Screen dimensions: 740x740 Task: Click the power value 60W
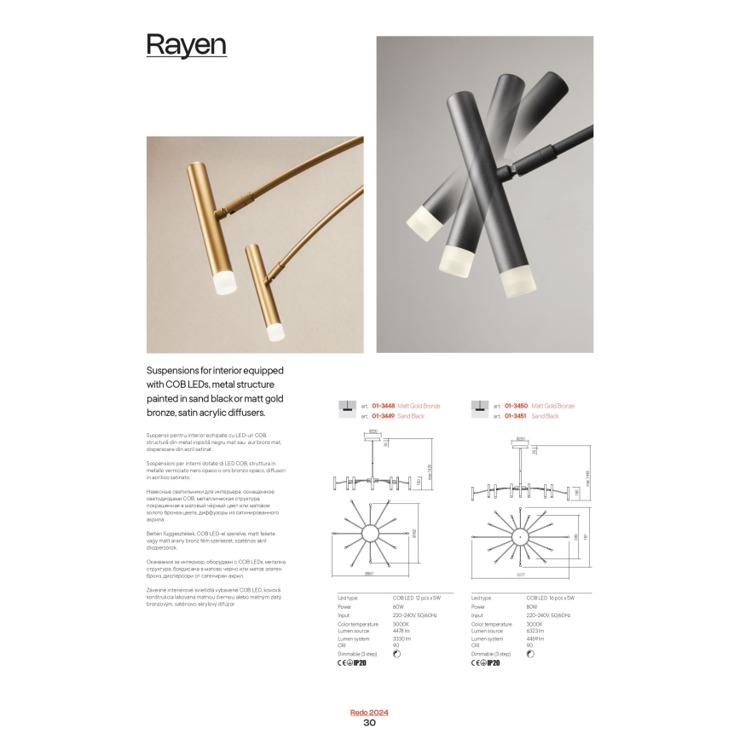tap(397, 608)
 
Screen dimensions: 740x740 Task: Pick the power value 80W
tap(531, 608)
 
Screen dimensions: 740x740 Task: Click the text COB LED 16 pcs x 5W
tap(550, 600)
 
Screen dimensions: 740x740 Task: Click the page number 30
tap(369, 723)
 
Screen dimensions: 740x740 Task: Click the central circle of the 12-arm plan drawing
tap(371, 534)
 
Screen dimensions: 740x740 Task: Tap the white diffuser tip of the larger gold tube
tap(224, 283)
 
